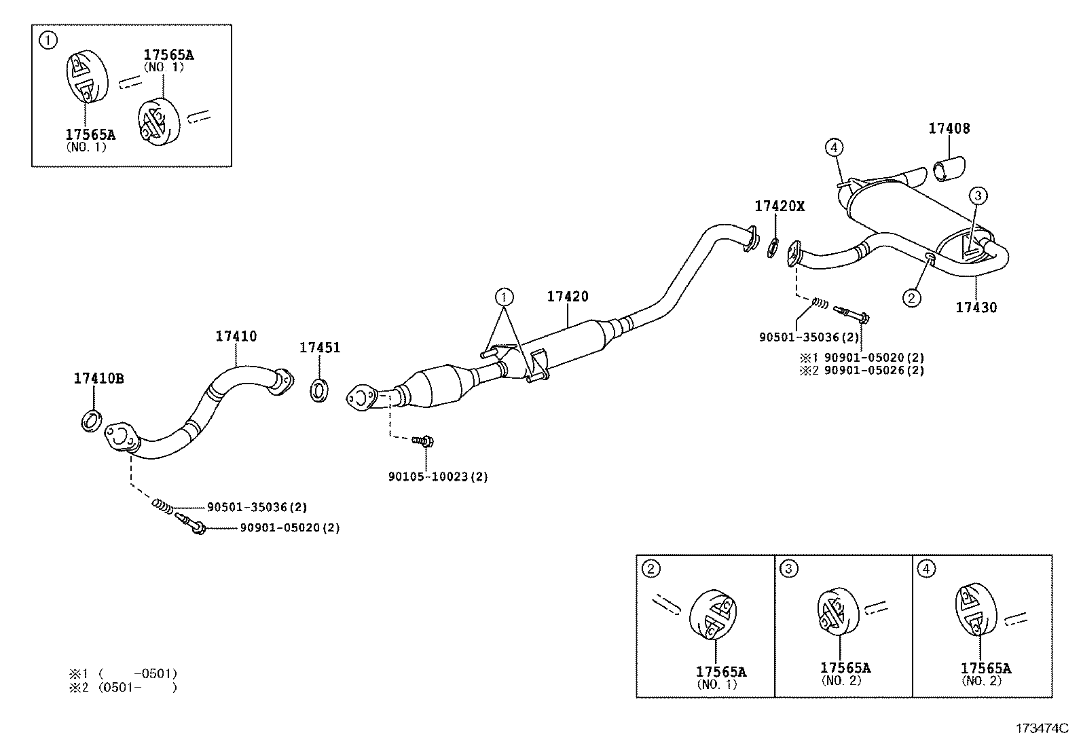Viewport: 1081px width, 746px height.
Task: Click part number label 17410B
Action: tap(98, 379)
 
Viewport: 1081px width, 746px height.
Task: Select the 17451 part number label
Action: tap(320, 348)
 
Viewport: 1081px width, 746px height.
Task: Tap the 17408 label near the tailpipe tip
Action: tap(949, 128)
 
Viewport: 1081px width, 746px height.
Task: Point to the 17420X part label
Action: tap(780, 206)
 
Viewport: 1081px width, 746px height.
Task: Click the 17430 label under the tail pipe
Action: tap(976, 307)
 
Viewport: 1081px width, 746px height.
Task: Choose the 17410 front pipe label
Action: tap(236, 336)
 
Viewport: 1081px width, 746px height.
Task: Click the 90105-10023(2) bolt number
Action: tap(438, 477)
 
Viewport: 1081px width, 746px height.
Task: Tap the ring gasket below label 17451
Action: tap(319, 390)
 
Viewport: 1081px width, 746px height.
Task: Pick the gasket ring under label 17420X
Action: tap(773, 248)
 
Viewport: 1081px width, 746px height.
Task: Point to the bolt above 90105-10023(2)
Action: tap(424, 442)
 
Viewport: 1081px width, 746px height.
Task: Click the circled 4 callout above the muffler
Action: tap(835, 147)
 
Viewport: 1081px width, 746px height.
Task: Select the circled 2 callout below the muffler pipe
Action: tap(911, 297)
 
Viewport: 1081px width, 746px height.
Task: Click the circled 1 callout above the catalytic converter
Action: tap(503, 297)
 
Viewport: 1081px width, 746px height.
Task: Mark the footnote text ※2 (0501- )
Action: tap(122, 687)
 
